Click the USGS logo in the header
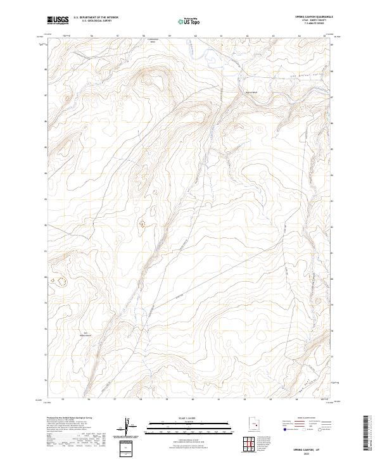tap(58, 20)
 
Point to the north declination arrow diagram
tap(128, 426)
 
